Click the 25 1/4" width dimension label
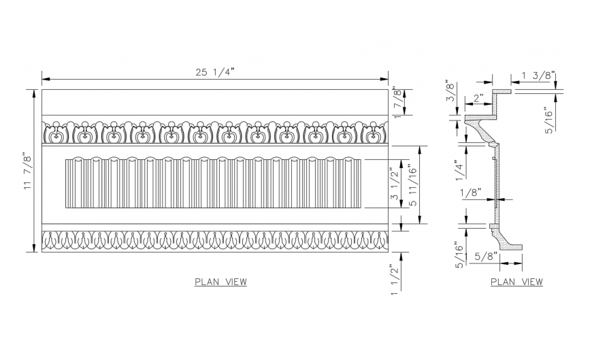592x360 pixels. pyautogui.click(x=214, y=72)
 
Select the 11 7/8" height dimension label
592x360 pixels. pyautogui.click(x=28, y=171)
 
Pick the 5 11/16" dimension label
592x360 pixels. pyautogui.click(x=410, y=184)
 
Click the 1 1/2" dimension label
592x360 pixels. pyautogui.click(x=394, y=280)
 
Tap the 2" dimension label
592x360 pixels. pyautogui.click(x=478, y=98)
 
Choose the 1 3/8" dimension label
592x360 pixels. pyautogui.click(x=539, y=75)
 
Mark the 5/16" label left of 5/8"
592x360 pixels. pyautogui.click(x=460, y=256)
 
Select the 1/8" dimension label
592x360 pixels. pyautogui.click(x=470, y=193)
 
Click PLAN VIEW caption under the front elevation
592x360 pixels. pyautogui.click(x=220, y=282)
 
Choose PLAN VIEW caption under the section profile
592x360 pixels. pyautogui.click(x=516, y=282)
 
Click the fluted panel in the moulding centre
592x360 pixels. pyautogui.click(x=213, y=182)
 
